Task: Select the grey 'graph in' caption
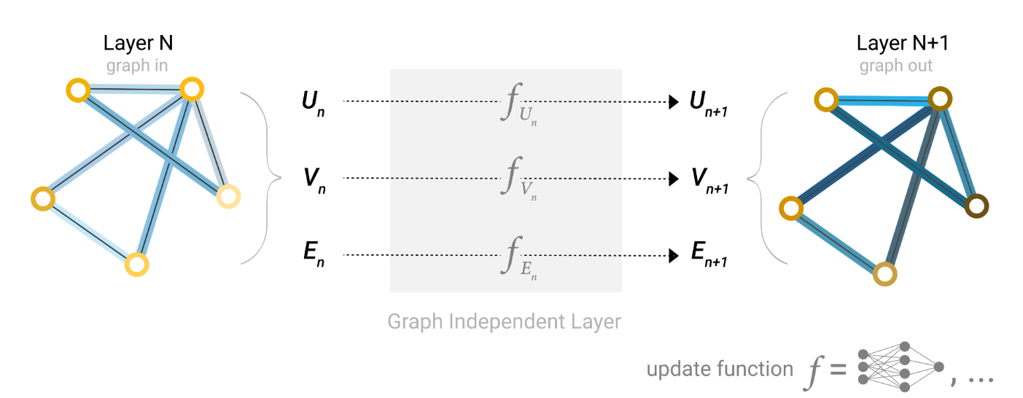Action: click(137, 66)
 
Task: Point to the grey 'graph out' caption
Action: click(896, 66)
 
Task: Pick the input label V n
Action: click(312, 179)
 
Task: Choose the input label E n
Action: click(312, 256)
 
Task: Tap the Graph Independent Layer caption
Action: click(504, 321)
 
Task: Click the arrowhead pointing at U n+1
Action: click(674, 102)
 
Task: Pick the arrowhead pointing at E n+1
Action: click(674, 256)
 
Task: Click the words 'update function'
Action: click(719, 369)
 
